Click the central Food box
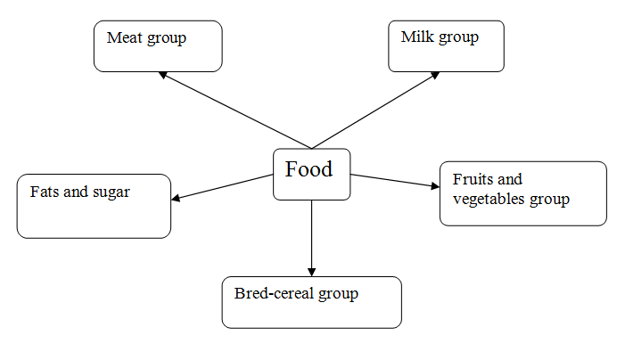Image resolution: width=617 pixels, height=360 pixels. pos(311,174)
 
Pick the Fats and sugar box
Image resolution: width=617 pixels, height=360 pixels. pos(94,206)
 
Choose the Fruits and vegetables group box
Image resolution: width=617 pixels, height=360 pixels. pos(522,193)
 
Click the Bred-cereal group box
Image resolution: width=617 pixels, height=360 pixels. pos(311,302)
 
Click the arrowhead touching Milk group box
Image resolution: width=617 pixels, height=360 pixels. pos(434,74)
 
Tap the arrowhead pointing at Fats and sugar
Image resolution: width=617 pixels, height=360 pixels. pos(176,198)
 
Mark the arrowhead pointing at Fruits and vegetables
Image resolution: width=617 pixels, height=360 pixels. pos(435,186)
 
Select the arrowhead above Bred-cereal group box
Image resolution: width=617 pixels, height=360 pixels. pos(312,271)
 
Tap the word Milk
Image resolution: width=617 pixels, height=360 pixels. pos(416,37)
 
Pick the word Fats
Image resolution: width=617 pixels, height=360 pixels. pos(45,192)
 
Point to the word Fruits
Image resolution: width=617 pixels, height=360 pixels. pos(473,179)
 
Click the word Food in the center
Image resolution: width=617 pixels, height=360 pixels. pos(308,168)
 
